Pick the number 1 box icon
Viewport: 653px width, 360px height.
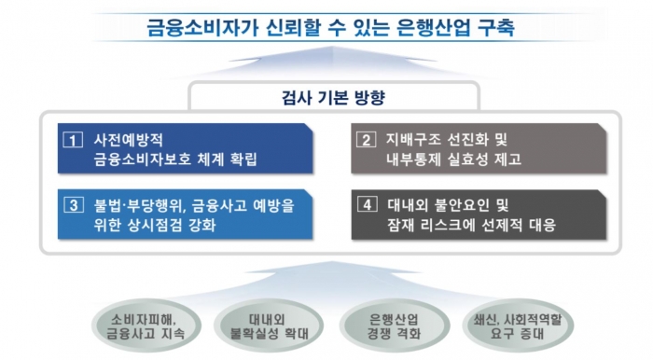click(x=71, y=141)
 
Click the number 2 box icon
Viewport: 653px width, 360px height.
click(x=366, y=141)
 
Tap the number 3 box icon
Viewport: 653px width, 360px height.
click(x=71, y=204)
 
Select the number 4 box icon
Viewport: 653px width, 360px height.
click(x=366, y=204)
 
